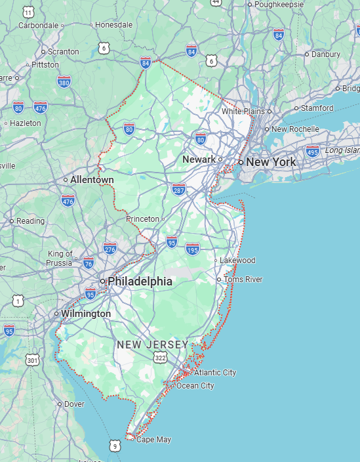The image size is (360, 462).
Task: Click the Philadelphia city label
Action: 140,282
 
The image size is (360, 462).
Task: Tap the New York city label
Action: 271,161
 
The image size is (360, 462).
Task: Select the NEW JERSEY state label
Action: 152,345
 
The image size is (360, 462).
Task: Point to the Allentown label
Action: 92,180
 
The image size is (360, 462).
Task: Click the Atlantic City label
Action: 214,373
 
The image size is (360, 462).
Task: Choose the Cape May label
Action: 153,440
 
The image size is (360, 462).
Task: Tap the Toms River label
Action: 243,280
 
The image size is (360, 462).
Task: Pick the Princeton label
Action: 143,219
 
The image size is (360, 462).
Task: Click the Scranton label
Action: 63,51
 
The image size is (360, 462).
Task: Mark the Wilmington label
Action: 86,314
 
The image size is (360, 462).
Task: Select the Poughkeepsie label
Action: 279,5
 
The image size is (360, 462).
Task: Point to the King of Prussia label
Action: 60,259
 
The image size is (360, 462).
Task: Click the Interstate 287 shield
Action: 179,190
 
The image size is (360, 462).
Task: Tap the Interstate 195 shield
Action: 192,249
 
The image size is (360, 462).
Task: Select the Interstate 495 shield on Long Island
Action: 313,151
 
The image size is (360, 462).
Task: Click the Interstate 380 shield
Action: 64,82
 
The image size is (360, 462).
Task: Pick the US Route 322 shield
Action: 160,357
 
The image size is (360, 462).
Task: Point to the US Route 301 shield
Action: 33,360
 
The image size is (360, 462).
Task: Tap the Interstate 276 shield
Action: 110,249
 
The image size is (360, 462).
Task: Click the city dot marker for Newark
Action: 220,159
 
